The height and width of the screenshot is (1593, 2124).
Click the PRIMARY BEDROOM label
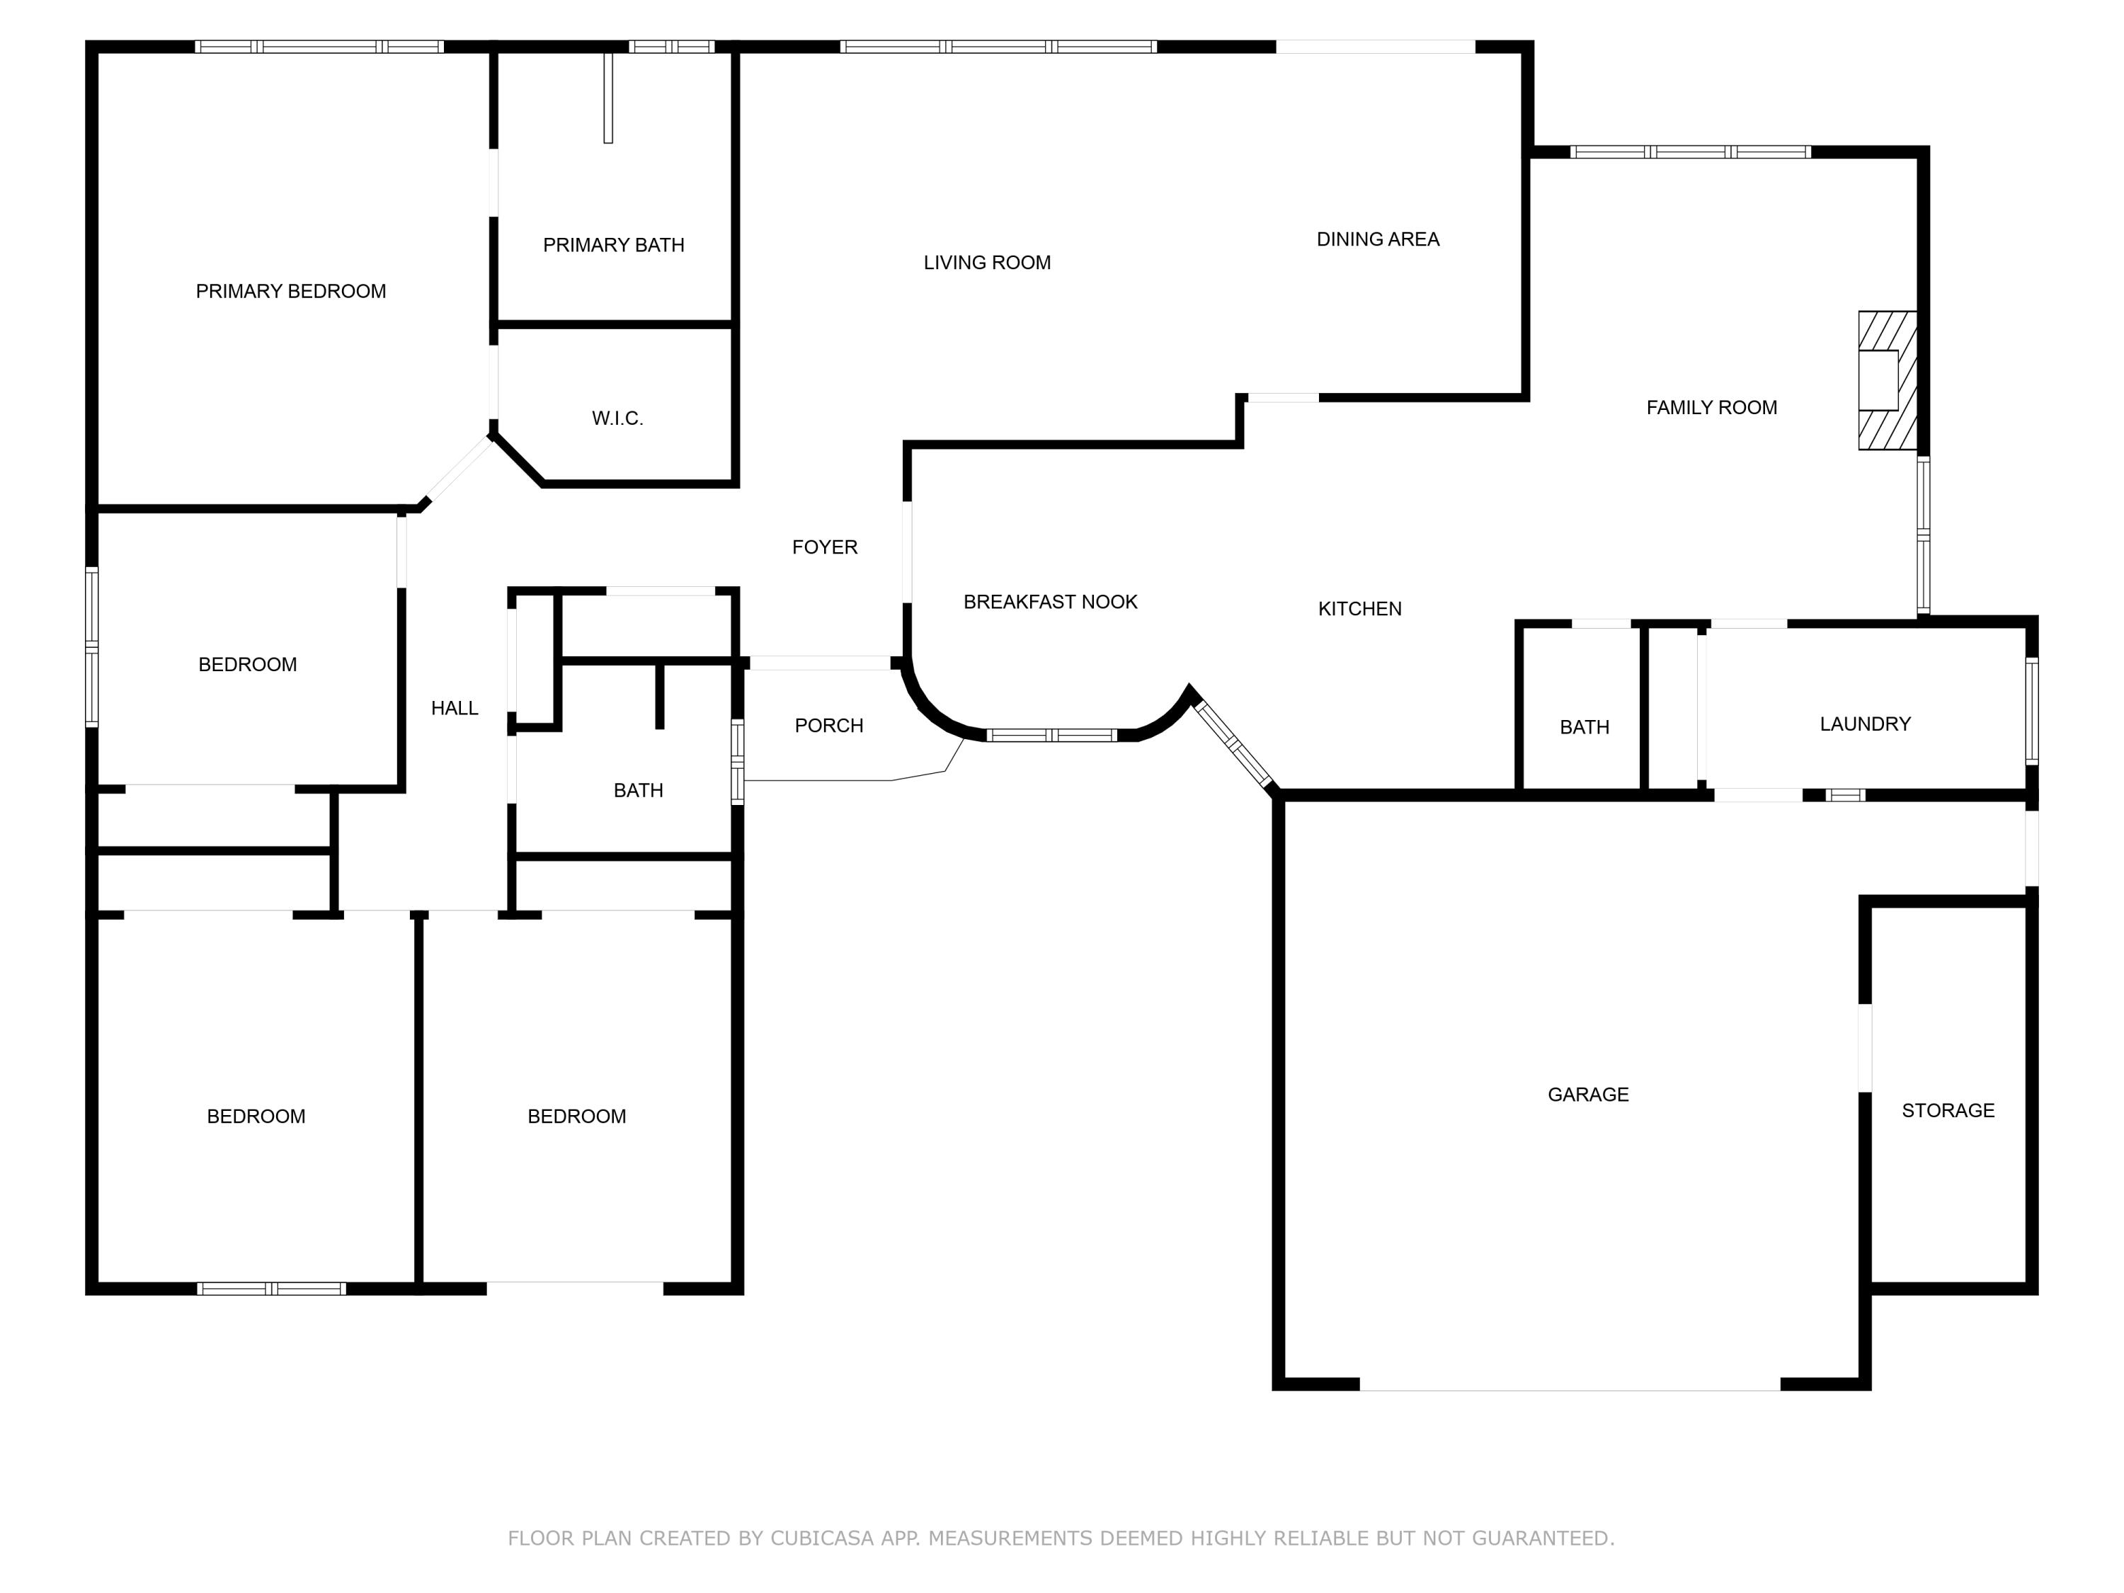[290, 291]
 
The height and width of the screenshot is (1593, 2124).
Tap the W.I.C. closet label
[617, 418]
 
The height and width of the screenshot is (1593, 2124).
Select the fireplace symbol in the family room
[1886, 380]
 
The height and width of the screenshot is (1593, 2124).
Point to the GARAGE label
[1587, 1094]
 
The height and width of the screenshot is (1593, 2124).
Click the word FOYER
[824, 547]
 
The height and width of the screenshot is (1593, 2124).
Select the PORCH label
[828, 725]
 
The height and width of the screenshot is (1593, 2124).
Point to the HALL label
[455, 708]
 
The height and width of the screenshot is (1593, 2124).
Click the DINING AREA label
[1377, 239]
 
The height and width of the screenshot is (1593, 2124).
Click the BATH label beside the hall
[638, 790]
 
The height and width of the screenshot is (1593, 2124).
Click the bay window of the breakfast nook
[1051, 736]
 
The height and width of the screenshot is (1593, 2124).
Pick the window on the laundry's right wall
[2031, 711]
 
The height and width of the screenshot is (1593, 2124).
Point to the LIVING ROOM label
[986, 262]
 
